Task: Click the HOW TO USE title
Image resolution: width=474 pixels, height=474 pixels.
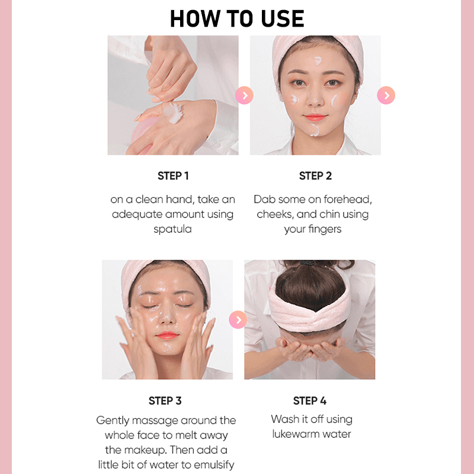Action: (237, 19)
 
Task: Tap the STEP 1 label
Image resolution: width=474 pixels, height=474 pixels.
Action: (173, 175)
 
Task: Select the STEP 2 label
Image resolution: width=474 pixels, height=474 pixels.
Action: (315, 175)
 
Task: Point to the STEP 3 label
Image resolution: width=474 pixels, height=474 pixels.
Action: (165, 401)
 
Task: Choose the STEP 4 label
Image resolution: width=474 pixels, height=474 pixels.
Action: (310, 401)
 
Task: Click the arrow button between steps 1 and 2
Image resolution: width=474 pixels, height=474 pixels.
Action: (244, 95)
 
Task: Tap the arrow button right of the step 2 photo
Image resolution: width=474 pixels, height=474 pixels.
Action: (386, 95)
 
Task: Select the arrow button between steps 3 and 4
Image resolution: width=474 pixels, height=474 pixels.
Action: (238, 319)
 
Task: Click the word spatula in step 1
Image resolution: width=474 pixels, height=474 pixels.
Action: (172, 229)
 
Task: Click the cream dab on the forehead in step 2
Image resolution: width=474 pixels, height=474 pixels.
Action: (318, 60)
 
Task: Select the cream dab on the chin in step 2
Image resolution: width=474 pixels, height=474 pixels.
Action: (315, 130)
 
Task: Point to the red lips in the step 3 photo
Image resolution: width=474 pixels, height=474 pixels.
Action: (167, 335)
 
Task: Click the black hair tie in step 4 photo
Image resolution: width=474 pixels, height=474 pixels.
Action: (307, 263)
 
